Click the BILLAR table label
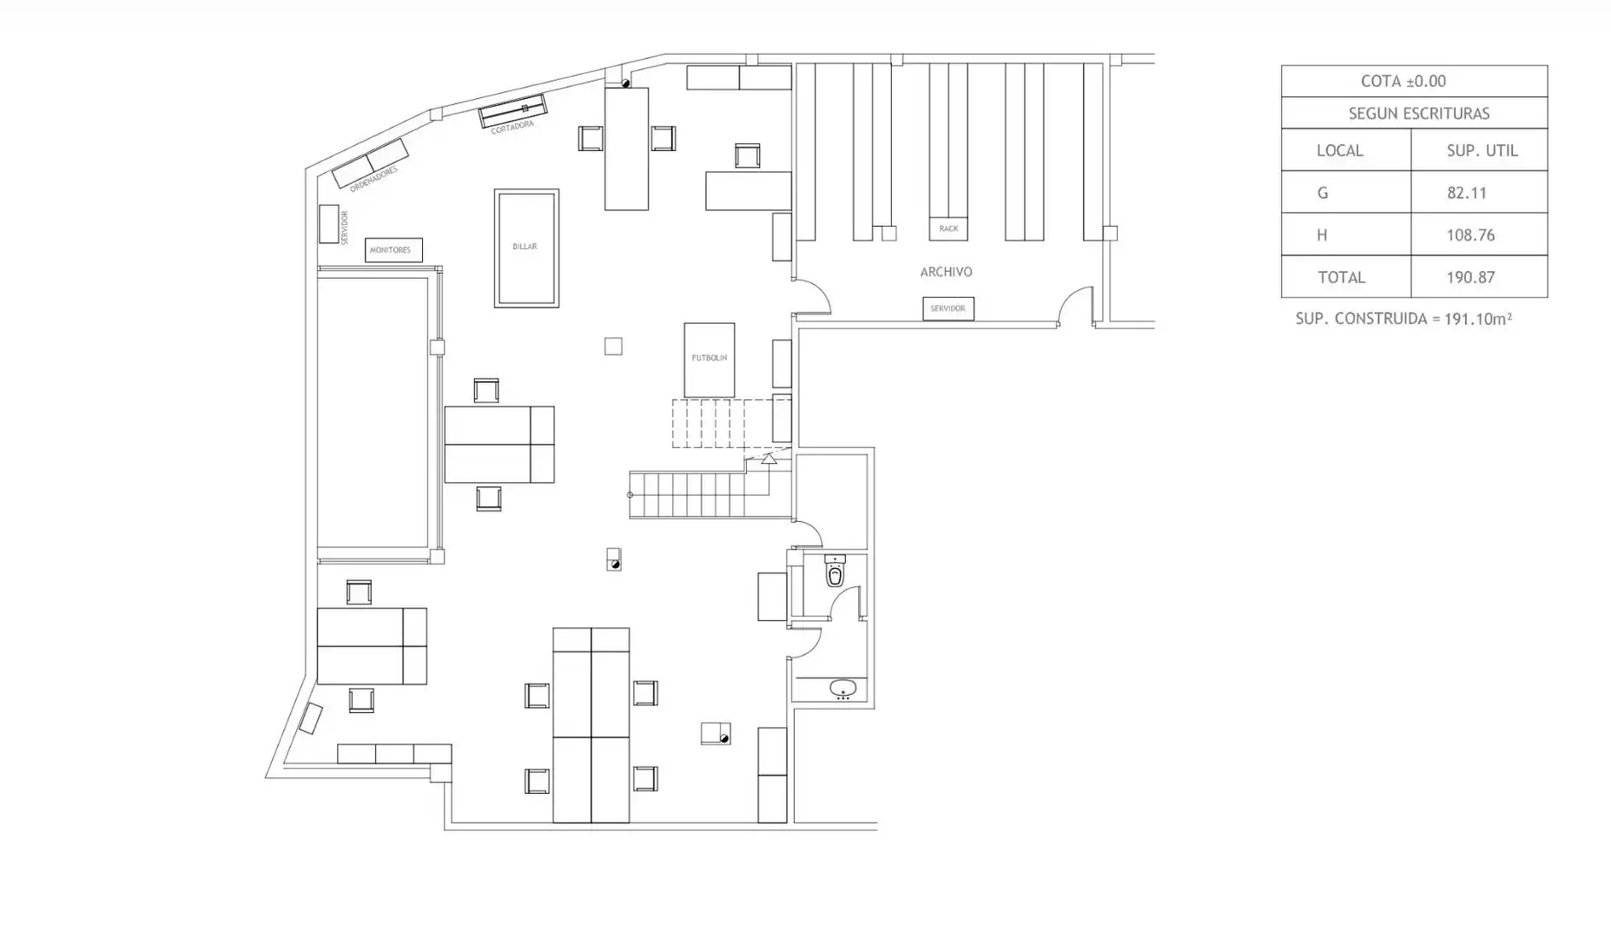(x=525, y=247)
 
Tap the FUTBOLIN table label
(x=710, y=358)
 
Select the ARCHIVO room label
(x=946, y=272)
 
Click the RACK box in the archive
(x=948, y=228)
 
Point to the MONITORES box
(x=393, y=250)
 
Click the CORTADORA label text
(x=512, y=127)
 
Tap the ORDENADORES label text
(x=373, y=179)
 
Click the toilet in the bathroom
(x=835, y=571)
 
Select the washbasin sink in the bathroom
(x=842, y=689)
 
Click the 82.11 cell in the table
(x=1467, y=193)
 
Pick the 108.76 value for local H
(x=1470, y=235)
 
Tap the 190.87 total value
(x=1470, y=278)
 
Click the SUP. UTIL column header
(x=1482, y=151)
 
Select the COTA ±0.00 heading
(x=1403, y=82)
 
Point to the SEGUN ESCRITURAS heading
(x=1418, y=114)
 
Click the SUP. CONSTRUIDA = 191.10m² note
(x=1403, y=319)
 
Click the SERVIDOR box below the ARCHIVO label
(x=948, y=308)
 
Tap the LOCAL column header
(x=1339, y=151)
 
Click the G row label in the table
(x=1323, y=193)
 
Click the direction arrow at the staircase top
(x=768, y=458)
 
